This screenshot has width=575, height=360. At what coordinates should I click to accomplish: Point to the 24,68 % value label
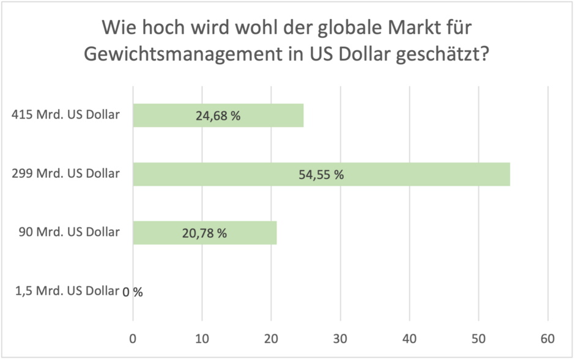coord(218,116)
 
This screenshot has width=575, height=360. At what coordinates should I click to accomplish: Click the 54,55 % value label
coord(321,175)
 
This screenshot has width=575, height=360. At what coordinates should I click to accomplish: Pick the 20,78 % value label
coord(204,233)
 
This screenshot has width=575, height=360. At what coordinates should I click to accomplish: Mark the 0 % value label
coord(133,292)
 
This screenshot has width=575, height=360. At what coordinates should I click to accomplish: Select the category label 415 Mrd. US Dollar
coord(65,114)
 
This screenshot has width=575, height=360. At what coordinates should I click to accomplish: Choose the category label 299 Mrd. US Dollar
coord(65,174)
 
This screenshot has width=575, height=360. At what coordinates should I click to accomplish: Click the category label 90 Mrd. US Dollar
coord(69,232)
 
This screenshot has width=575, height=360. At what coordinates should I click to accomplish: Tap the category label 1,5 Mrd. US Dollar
coord(66,290)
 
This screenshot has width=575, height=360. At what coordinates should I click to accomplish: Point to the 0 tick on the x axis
coord(133,338)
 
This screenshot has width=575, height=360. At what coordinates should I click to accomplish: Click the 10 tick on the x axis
coord(202,338)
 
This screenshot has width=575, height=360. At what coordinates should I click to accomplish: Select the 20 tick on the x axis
coord(271,338)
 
